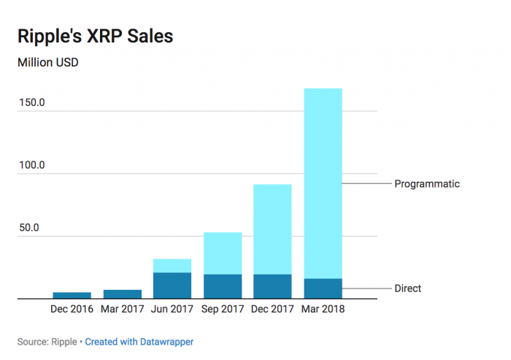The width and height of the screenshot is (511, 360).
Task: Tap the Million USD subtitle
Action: tap(48, 63)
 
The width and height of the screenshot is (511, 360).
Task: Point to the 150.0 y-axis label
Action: tap(32, 102)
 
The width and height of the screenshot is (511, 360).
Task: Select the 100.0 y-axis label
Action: tap(32, 165)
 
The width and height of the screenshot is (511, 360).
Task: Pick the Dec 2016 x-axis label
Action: tap(72, 309)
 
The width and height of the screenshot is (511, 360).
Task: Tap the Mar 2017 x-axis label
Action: tap(122, 309)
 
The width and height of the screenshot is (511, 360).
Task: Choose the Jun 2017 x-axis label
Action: tap(172, 309)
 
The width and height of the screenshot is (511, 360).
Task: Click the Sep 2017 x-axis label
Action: tap(222, 309)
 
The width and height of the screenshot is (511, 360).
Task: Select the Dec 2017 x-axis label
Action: tap(272, 309)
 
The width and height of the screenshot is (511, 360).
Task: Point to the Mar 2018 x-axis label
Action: tap(323, 309)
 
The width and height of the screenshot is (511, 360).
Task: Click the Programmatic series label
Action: tap(427, 184)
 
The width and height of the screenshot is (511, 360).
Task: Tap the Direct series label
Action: tap(408, 288)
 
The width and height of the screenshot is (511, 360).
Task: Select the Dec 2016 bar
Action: tap(72, 296)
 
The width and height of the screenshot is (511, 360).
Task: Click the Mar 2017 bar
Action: tap(123, 294)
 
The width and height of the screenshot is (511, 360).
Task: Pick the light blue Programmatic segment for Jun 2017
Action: tap(172, 266)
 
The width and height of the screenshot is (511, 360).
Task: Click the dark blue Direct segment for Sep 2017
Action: tap(223, 286)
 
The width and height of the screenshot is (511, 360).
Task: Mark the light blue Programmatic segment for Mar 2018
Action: tap(323, 183)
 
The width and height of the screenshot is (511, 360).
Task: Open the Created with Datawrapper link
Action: tap(139, 341)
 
